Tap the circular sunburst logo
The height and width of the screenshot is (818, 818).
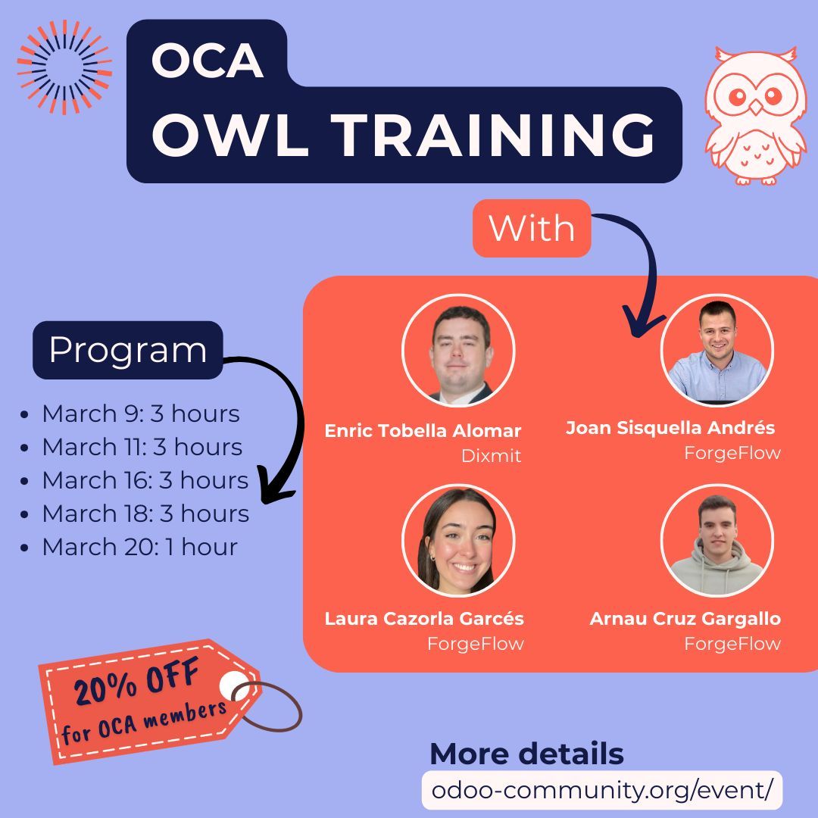(x=64, y=67)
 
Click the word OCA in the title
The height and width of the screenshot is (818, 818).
(x=207, y=61)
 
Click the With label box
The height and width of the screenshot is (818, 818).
(x=531, y=228)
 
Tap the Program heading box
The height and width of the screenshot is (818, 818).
(x=127, y=350)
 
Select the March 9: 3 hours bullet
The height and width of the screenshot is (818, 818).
(x=140, y=414)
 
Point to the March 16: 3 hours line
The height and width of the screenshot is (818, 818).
(x=145, y=480)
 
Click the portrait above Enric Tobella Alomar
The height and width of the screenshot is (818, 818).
(x=459, y=351)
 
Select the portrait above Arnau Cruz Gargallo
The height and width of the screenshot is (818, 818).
(x=717, y=540)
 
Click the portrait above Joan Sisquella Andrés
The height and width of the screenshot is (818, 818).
(x=717, y=350)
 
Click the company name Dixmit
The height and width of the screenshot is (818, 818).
(x=491, y=457)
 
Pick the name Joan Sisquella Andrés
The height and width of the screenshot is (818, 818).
(x=670, y=428)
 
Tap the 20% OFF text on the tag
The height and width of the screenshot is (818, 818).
(x=136, y=682)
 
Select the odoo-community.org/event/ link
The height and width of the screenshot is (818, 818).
(x=601, y=789)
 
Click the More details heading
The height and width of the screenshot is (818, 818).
(x=526, y=754)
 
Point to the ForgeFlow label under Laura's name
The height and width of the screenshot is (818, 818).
(x=475, y=644)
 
